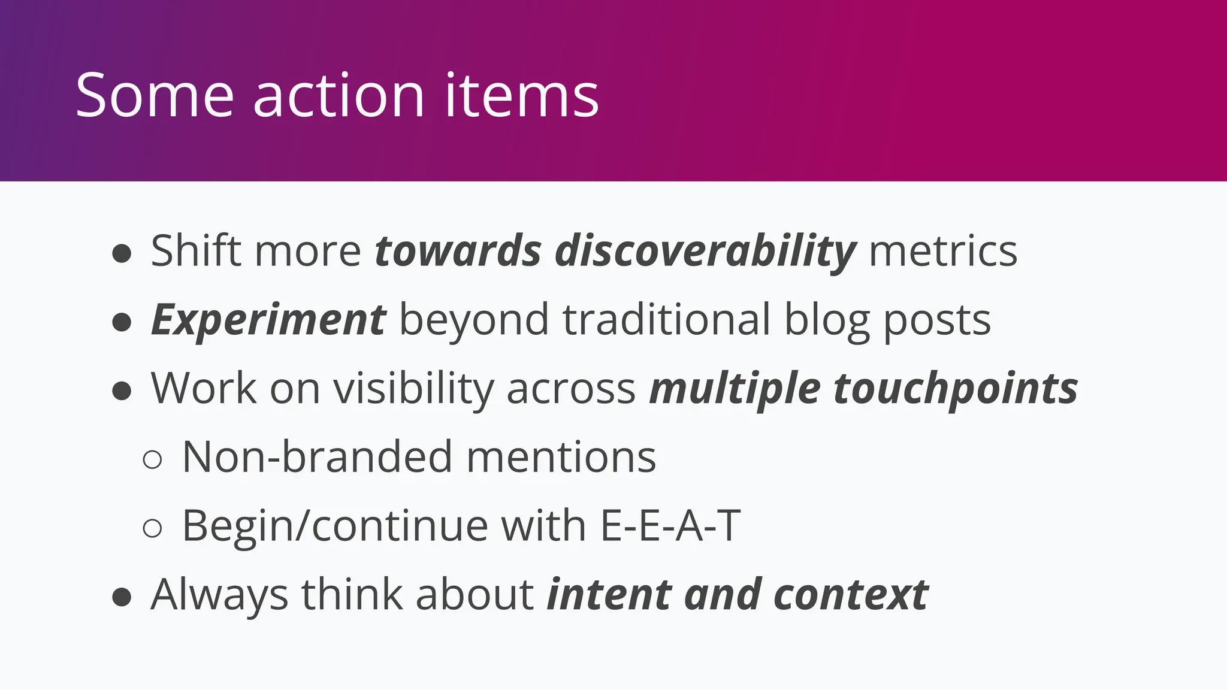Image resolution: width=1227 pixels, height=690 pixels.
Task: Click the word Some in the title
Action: (x=154, y=95)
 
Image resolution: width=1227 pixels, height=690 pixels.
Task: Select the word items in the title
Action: (x=521, y=95)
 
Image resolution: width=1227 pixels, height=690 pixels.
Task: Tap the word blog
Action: (x=827, y=320)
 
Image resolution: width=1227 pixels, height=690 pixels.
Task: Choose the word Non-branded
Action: (x=316, y=457)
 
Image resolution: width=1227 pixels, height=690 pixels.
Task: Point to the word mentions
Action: (x=561, y=457)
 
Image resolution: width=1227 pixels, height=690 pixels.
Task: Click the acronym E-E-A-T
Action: (x=670, y=526)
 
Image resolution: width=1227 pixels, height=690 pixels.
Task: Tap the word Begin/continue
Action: (x=334, y=526)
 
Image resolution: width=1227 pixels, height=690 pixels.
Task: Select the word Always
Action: (x=219, y=595)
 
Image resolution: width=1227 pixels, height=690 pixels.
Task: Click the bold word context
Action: (x=851, y=595)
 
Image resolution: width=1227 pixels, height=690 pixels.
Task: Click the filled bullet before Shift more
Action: (x=122, y=253)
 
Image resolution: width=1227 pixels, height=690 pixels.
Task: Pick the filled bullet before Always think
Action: (x=122, y=597)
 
